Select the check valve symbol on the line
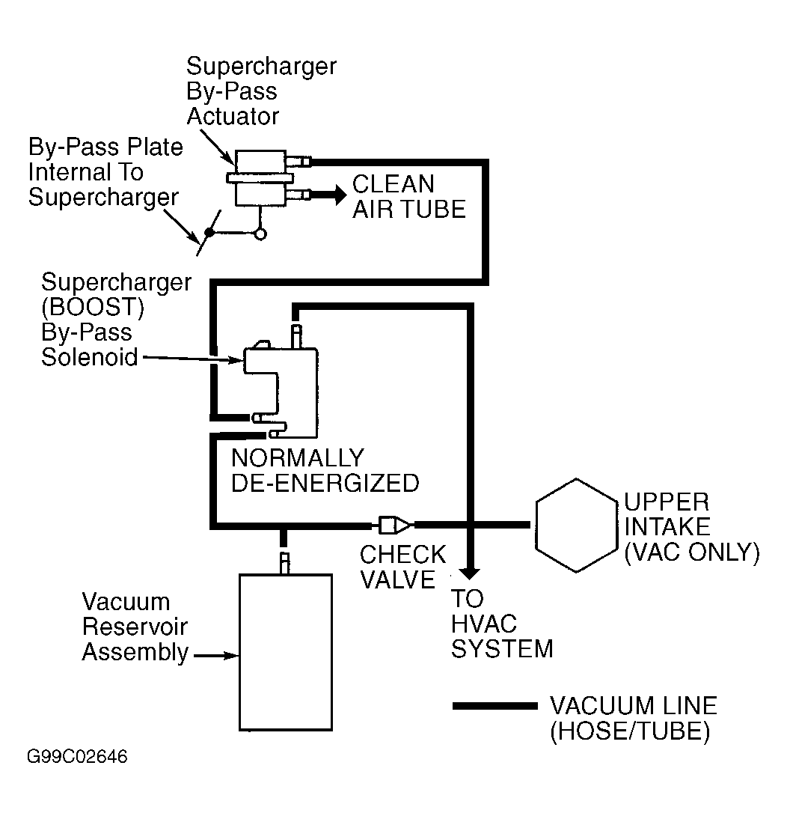coord(394,525)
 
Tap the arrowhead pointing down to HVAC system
coord(471,573)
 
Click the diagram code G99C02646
coord(77,757)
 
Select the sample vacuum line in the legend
coord(494,706)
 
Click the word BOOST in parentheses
coord(93,307)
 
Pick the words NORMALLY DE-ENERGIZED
coord(325,471)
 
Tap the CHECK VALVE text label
coord(402,567)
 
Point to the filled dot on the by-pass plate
coord(209,232)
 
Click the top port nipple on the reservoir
coord(284,562)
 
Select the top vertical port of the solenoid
coord(296,336)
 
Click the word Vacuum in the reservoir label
coord(126,602)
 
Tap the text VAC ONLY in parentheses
coord(692,552)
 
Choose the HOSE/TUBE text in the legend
coord(630,731)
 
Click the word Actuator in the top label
coord(233,117)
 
